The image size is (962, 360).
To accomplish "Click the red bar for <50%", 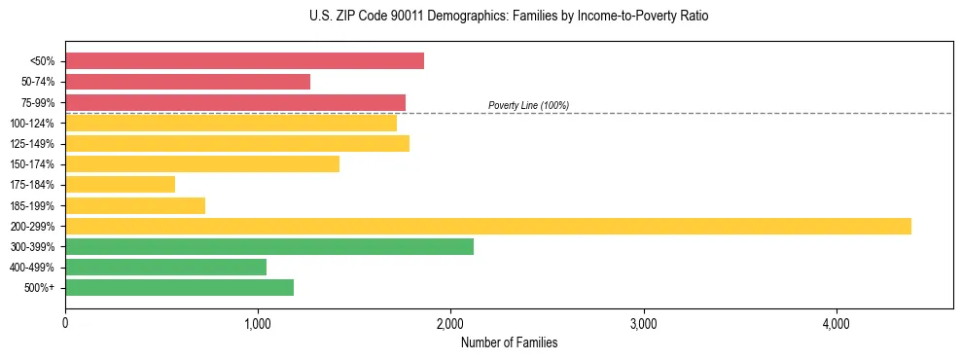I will pyautogui.click(x=244, y=61).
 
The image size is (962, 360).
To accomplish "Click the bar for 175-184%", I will pyautogui.click(x=120, y=184).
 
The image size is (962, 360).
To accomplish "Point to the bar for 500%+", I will pyautogui.click(x=179, y=287).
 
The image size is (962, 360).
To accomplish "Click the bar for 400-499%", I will pyautogui.click(x=165, y=267).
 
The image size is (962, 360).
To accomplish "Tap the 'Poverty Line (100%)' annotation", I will pyautogui.click(x=528, y=105).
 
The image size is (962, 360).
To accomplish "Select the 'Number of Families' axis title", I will pyautogui.click(x=509, y=342).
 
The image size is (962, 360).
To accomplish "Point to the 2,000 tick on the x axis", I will pyautogui.click(x=450, y=323).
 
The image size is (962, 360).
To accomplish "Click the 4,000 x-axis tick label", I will pyautogui.click(x=836, y=323).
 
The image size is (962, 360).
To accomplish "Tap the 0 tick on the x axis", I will pyautogui.click(x=65, y=323).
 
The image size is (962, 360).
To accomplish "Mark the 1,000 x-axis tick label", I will pyautogui.click(x=258, y=323).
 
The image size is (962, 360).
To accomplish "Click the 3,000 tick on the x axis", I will pyautogui.click(x=643, y=323).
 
